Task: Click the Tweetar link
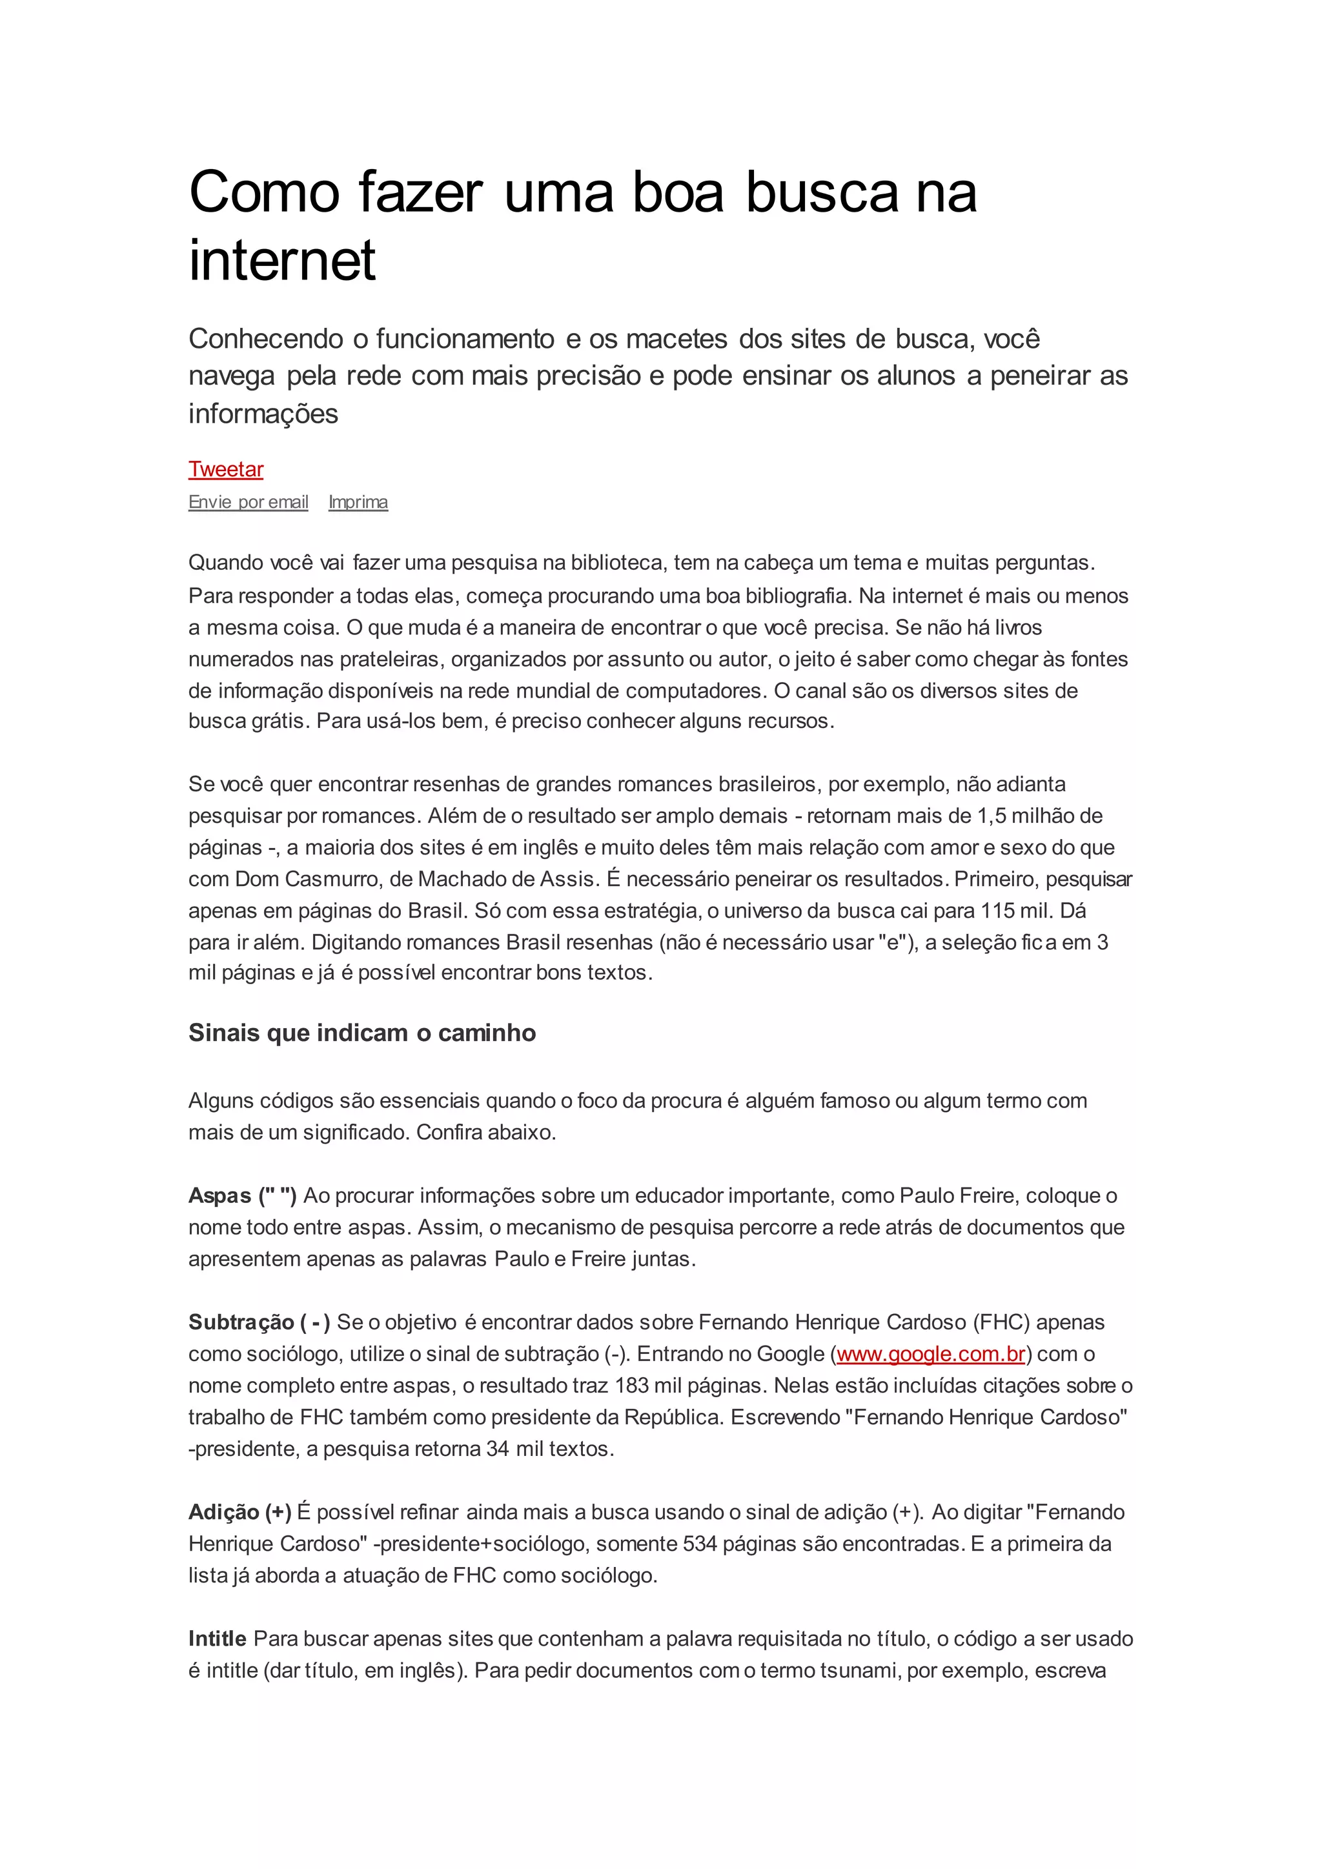[225, 470]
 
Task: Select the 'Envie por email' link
[249, 502]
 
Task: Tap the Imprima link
[358, 502]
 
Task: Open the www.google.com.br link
[930, 1354]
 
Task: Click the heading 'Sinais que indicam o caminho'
[362, 1033]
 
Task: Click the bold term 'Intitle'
[218, 1639]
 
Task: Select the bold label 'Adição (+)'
[239, 1511]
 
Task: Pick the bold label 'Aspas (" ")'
[242, 1195]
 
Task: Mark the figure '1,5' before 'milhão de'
[992, 816]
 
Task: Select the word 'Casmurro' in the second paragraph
[333, 879]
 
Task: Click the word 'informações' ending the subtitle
[263, 414]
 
